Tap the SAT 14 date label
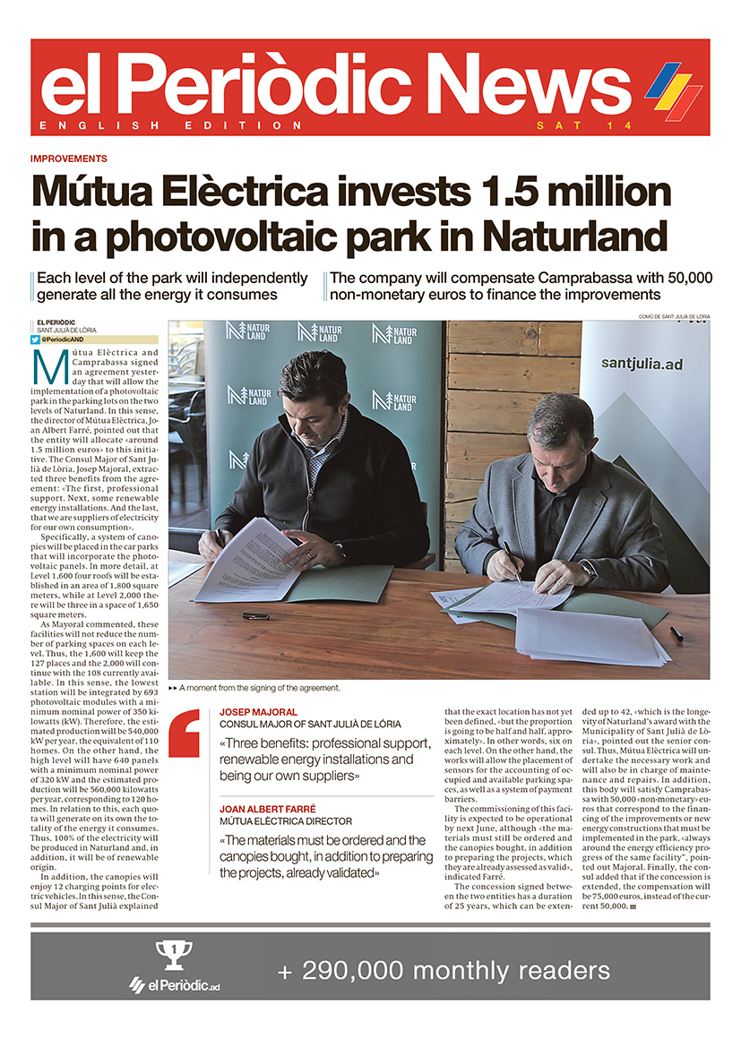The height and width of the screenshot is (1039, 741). pyautogui.click(x=583, y=125)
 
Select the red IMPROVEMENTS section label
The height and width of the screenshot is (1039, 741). pyautogui.click(x=69, y=159)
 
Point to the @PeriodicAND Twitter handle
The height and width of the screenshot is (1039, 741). pyautogui.click(x=63, y=340)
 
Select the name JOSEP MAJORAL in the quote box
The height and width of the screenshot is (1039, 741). pyautogui.click(x=258, y=712)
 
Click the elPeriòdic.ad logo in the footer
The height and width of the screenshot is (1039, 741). pyautogui.click(x=175, y=985)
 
